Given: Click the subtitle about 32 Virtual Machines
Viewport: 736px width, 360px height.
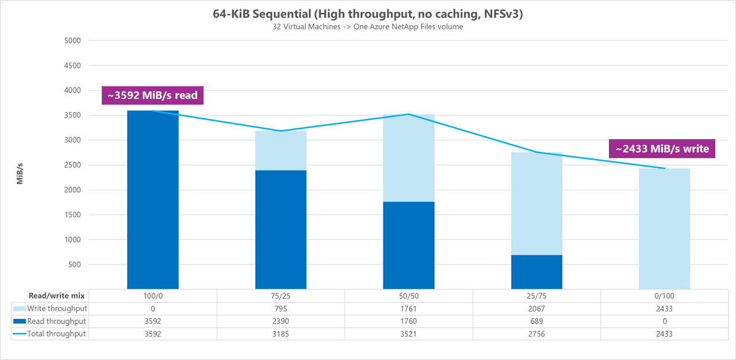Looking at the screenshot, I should (x=367, y=27).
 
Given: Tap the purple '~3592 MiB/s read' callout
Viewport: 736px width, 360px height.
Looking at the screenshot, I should (x=152, y=95).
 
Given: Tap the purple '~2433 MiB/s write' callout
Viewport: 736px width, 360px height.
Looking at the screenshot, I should (x=662, y=149).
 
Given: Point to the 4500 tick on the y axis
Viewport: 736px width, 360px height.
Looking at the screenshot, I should (x=72, y=66).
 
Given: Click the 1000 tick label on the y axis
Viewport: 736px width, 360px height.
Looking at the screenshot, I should (x=72, y=240).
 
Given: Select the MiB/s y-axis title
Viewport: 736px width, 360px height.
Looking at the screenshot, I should (x=20, y=173).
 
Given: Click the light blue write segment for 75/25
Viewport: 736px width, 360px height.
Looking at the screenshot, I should (x=281, y=151).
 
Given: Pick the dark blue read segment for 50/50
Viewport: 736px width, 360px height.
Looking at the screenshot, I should (x=409, y=245).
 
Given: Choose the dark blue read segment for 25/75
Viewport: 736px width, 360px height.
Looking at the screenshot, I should (x=536, y=271).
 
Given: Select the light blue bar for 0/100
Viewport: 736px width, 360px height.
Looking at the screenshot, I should (x=665, y=228).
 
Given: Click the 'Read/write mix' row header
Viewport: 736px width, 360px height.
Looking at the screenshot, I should (x=56, y=296).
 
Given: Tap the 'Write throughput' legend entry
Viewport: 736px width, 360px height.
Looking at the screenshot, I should (x=56, y=309).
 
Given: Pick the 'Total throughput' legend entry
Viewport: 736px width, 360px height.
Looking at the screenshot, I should (x=56, y=334).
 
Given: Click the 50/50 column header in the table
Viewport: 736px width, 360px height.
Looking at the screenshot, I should (x=409, y=296).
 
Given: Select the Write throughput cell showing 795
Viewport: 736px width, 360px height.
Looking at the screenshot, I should (x=281, y=309).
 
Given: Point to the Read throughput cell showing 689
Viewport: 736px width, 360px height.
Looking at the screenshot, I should (x=536, y=321).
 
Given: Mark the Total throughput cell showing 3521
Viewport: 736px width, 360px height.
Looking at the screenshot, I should (x=409, y=334).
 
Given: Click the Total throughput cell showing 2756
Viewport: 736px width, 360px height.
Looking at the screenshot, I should (x=536, y=334).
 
